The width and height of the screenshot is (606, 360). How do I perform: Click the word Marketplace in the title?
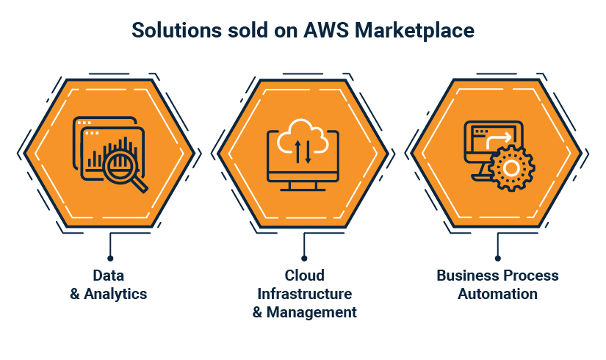[x=414, y=31]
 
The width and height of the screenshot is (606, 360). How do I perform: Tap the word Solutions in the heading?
[x=176, y=30]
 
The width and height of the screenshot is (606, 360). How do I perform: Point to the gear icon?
[x=511, y=168]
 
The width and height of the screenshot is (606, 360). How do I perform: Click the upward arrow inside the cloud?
[x=297, y=151]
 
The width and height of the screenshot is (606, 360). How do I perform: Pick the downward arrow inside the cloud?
[x=308, y=152]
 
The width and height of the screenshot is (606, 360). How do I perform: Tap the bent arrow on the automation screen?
[x=499, y=140]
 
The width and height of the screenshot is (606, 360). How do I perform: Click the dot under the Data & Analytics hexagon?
[x=110, y=259]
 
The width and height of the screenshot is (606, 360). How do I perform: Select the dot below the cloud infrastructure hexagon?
[x=304, y=259]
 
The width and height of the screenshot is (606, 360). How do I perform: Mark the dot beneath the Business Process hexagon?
[x=498, y=259]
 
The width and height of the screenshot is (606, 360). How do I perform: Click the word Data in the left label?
[x=109, y=276]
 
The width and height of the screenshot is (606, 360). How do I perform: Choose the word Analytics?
[x=115, y=294]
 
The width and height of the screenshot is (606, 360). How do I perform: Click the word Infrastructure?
[x=305, y=294]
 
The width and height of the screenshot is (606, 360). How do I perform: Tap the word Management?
[x=311, y=312]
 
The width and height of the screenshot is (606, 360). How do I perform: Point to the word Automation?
[x=498, y=294]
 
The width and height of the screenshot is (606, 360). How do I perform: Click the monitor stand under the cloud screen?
[x=303, y=186]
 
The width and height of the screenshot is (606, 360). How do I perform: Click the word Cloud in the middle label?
[x=305, y=276]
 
